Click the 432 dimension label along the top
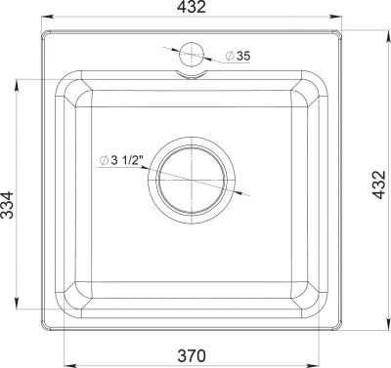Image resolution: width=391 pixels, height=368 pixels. click(x=192, y=7)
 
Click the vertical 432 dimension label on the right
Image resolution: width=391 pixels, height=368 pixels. click(x=379, y=184)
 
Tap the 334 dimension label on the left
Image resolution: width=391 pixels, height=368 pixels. click(x=7, y=205)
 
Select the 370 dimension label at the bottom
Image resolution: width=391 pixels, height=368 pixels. click(x=192, y=355)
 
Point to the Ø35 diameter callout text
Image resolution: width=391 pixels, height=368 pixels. click(x=239, y=56)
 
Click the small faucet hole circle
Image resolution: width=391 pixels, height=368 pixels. click(x=192, y=54)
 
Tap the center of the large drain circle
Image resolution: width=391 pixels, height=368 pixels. click(x=192, y=180)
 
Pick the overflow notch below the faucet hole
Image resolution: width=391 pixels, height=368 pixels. click(x=192, y=74)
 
